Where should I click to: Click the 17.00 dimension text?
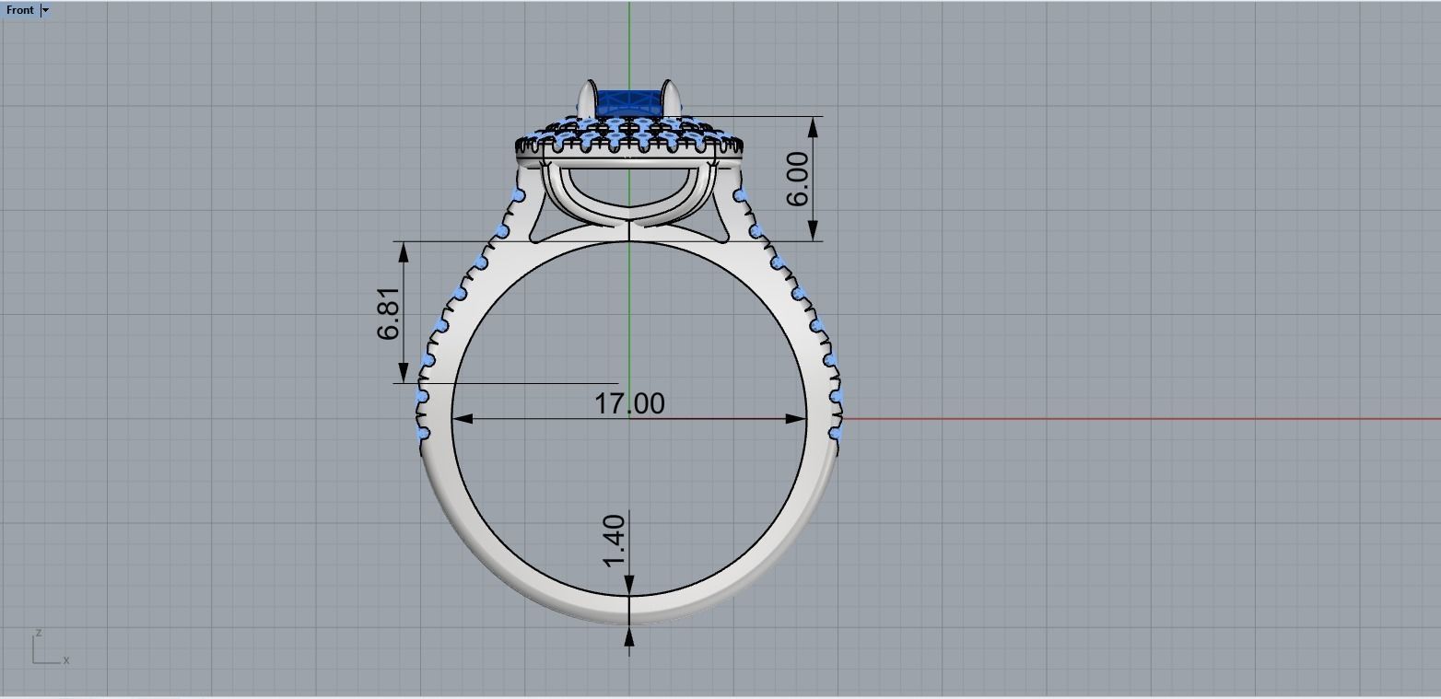[x=629, y=403]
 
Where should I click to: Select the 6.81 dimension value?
[x=389, y=313]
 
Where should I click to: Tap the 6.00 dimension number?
[x=798, y=179]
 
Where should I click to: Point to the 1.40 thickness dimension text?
[x=615, y=542]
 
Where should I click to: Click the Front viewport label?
[x=19, y=10]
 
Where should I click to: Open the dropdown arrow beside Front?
[x=45, y=10]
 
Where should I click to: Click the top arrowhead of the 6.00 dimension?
[x=814, y=127]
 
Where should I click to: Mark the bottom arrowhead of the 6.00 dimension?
[x=814, y=231]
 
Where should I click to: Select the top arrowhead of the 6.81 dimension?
[x=403, y=251]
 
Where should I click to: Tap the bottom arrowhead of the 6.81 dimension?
[x=403, y=373]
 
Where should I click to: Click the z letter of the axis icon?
[x=38, y=634]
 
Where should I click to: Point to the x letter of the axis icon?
[x=66, y=660]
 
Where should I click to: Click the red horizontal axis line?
[x=1106, y=418]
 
